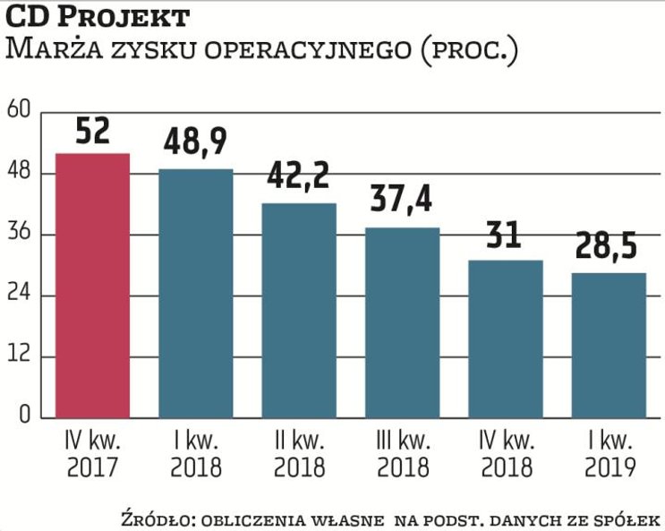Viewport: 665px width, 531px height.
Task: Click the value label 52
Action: (x=93, y=132)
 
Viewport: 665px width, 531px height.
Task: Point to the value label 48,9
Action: (x=196, y=142)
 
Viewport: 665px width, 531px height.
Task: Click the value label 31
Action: (x=505, y=236)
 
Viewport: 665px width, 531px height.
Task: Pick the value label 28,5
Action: (x=610, y=247)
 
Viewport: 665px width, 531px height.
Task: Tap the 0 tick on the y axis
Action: (x=24, y=417)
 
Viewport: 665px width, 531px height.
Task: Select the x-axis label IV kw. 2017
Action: (x=93, y=455)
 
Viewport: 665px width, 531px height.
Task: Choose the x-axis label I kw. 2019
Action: (x=610, y=455)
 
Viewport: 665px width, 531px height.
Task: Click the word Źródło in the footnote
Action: (x=151, y=519)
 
